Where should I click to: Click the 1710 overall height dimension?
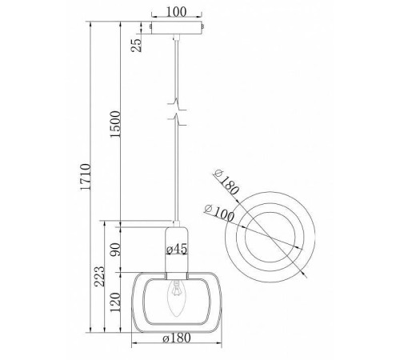[x=86, y=177]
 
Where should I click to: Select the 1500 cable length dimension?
[x=115, y=124]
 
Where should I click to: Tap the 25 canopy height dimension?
[x=136, y=45]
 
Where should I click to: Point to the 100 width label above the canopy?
[x=176, y=12]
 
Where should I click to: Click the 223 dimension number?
[x=101, y=276]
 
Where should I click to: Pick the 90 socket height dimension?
[x=116, y=250]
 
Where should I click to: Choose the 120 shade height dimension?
[x=115, y=302]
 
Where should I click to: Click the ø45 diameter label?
[x=177, y=249]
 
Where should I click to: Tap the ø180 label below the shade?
[x=177, y=338]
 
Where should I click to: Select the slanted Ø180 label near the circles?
[x=226, y=182]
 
